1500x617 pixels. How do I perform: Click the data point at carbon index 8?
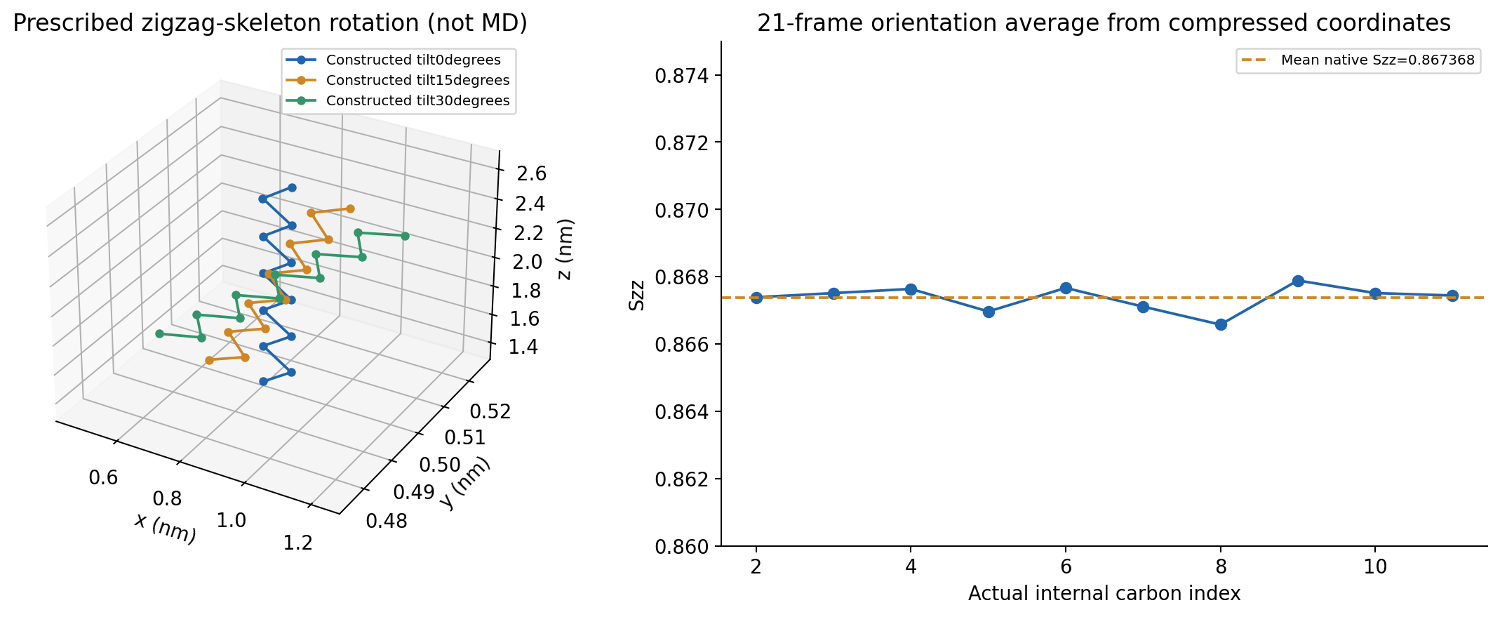coord(1221,324)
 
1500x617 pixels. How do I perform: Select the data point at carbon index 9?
coord(1298,281)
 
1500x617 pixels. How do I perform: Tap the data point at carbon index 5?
coord(989,312)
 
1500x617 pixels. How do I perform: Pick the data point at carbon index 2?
coord(756,298)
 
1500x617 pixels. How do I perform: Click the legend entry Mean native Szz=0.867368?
coord(1358,60)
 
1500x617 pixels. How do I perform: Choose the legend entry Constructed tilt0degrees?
coord(399,60)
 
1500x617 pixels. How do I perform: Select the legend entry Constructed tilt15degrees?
coord(399,80)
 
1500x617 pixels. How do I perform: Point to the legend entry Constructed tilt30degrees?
coord(399,100)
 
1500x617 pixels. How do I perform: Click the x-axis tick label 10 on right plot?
coord(1375,566)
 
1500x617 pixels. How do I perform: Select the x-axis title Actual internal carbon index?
coord(1104,594)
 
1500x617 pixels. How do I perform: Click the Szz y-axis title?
coord(636,294)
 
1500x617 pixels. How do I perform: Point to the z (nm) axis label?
coord(565,248)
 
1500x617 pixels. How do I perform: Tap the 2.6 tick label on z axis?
coord(531,173)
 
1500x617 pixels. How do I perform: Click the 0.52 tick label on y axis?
coord(490,411)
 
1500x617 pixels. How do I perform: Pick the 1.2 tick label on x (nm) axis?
coord(297,543)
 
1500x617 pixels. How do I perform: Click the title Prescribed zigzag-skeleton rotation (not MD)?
coord(270,23)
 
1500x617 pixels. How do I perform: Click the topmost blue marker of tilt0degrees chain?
coord(292,187)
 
